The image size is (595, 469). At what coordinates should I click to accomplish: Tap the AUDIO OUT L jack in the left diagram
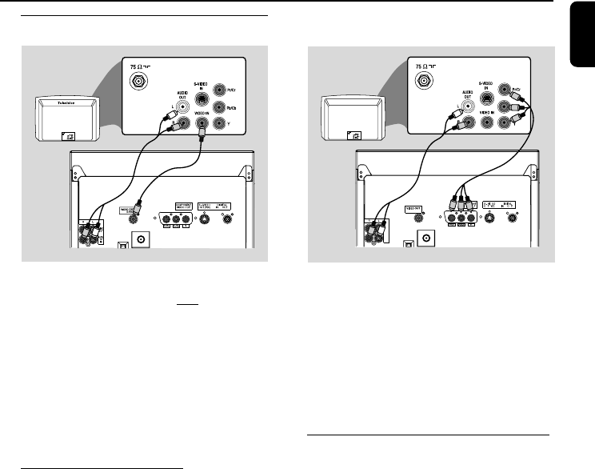click(183, 105)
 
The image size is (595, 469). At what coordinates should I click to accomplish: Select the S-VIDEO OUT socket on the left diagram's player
click(203, 217)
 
